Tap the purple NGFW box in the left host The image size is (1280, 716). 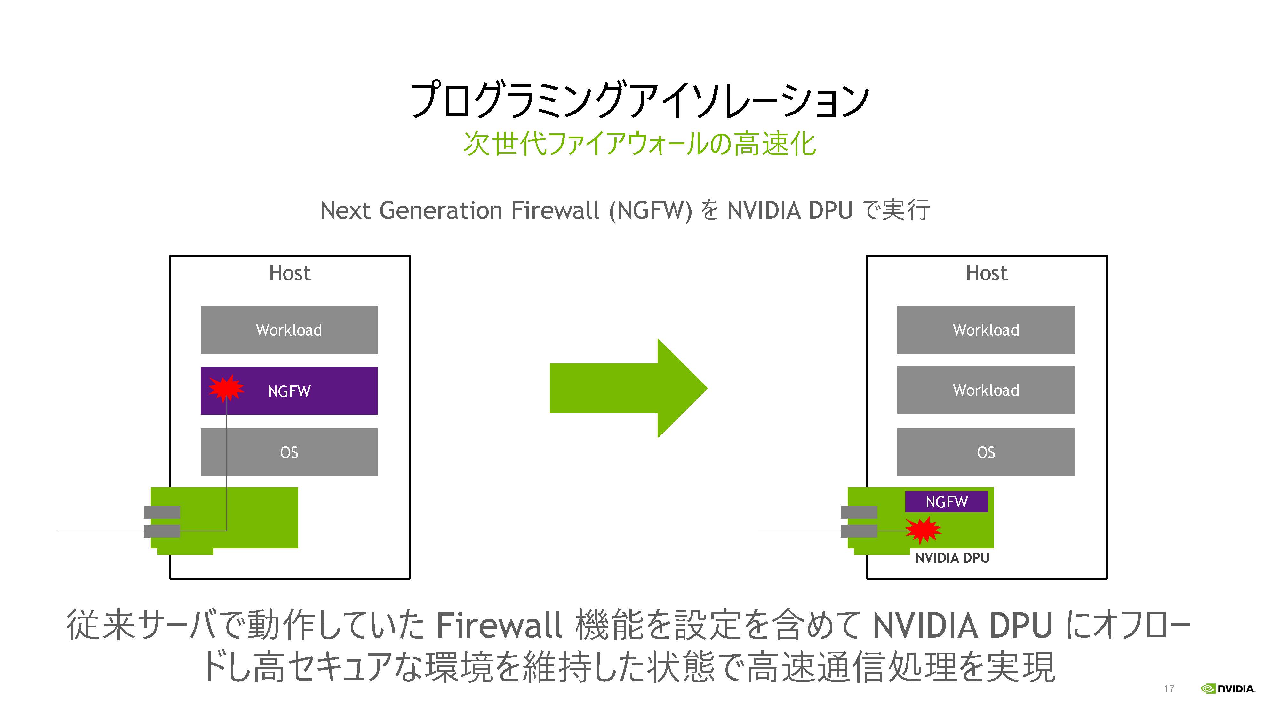point(289,391)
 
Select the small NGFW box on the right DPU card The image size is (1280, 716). point(946,501)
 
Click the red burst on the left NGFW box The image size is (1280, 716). point(226,388)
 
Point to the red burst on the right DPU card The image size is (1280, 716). point(923,530)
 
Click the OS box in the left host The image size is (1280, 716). point(289,452)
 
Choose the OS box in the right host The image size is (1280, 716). point(986,452)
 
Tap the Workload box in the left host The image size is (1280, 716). point(289,330)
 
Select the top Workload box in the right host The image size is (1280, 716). point(986,330)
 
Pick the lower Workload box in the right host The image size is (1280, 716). point(986,390)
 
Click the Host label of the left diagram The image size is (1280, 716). point(290,273)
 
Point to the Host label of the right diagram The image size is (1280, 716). point(987,273)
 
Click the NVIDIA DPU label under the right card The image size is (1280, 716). point(952,558)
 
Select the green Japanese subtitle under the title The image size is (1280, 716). point(639,144)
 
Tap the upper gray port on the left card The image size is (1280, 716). point(162,512)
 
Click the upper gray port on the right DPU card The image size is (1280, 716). point(859,512)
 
